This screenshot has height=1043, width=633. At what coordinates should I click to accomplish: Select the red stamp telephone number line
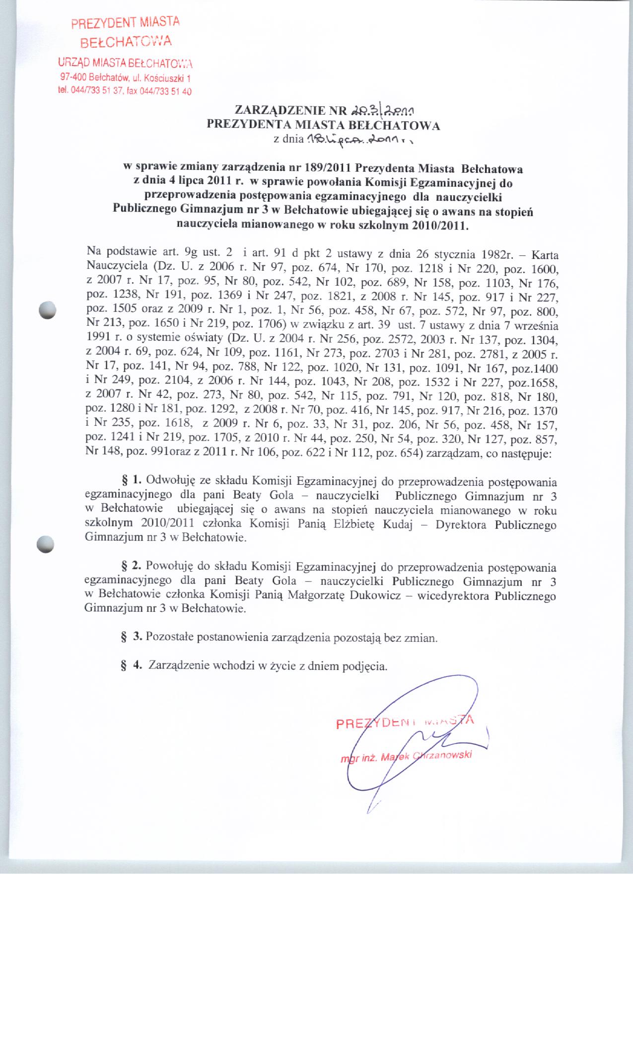(x=125, y=91)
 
